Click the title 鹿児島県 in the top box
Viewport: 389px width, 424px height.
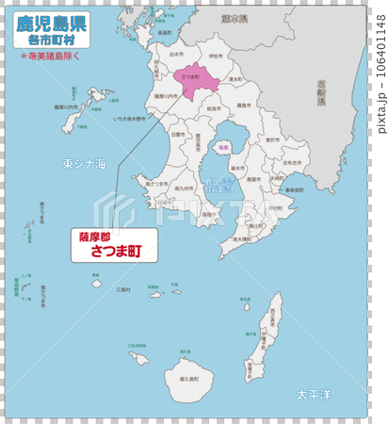click(53, 22)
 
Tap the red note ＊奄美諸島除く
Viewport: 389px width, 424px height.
click(53, 56)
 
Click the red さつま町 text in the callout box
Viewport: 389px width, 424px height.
click(115, 253)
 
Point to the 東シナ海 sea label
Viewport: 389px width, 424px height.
click(85, 164)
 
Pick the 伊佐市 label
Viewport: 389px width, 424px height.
click(217, 57)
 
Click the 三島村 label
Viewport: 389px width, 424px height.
click(123, 290)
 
